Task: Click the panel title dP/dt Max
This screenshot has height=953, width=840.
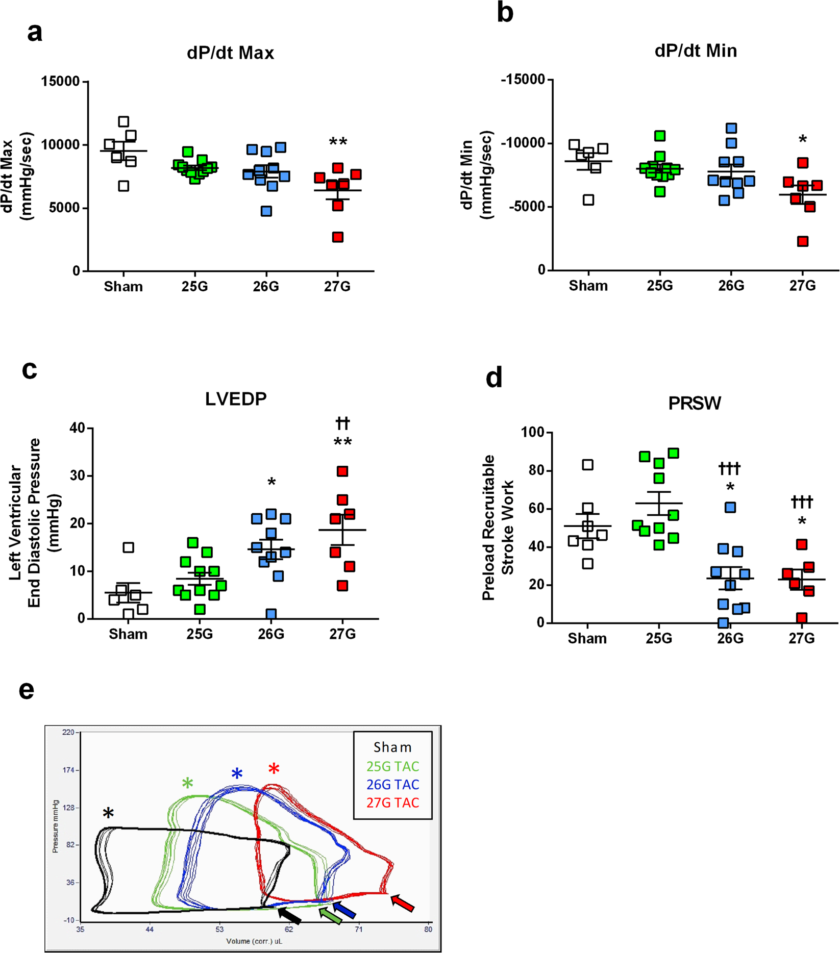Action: [x=230, y=53]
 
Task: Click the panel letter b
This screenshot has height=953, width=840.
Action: [x=505, y=13]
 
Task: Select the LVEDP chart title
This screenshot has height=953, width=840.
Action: [x=236, y=398]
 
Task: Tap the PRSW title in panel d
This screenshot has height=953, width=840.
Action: [x=695, y=404]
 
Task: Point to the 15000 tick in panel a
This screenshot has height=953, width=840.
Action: [x=60, y=82]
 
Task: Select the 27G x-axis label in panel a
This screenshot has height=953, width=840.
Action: [x=337, y=287]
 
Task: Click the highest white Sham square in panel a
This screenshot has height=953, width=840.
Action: [x=123, y=121]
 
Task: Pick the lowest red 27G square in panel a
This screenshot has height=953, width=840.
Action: [x=338, y=237]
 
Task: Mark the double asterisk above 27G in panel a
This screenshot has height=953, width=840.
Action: [x=338, y=142]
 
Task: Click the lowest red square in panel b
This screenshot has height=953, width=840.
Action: [x=803, y=241]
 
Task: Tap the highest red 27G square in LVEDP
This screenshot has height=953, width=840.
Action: [x=342, y=471]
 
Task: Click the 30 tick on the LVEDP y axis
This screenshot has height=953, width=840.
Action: [x=77, y=475]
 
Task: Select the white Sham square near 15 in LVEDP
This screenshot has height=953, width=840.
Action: [x=129, y=547]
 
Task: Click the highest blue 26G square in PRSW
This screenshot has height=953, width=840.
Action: [x=730, y=507]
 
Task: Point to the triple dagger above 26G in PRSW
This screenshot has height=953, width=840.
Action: [x=729, y=468]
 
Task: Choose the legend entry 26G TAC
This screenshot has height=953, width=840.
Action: [x=392, y=785]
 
